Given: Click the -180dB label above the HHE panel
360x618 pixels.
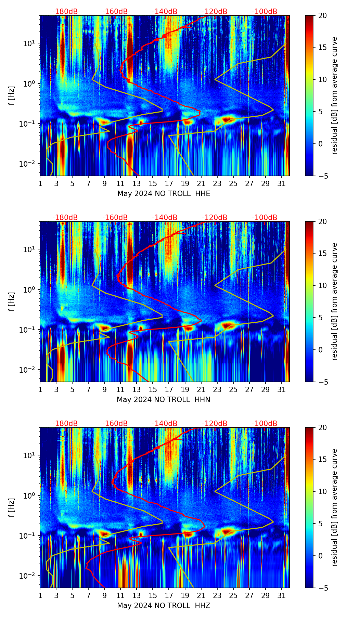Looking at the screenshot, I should pos(65,12).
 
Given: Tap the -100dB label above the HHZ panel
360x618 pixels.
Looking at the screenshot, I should pos(265,424).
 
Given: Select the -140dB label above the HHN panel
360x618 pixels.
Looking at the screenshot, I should pos(165,218).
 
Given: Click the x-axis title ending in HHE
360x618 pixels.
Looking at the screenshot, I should pos(164,194).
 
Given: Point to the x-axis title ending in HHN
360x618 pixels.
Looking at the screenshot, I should pos(164,400).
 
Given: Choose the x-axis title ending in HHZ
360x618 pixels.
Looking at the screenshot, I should pos(164,606).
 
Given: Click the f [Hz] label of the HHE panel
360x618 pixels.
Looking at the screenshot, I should pos(12,95).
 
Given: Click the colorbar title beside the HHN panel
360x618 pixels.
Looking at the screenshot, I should pos(335,301).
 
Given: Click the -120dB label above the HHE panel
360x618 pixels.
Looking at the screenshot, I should pos(215,12).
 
